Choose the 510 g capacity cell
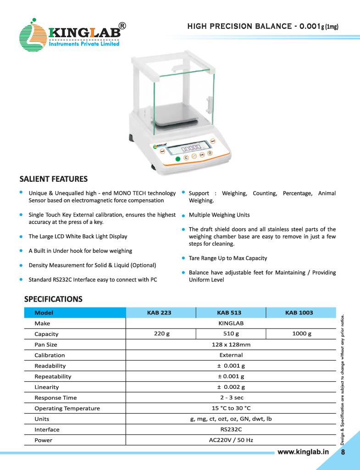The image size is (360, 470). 231,334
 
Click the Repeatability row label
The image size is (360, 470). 53,376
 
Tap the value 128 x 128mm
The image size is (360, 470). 231,344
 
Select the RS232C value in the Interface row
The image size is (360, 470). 231,430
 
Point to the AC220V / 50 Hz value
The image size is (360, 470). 231,440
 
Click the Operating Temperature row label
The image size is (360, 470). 67,408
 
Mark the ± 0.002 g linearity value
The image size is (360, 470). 231,387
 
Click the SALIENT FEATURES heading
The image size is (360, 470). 53,179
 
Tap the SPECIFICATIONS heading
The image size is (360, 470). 53,299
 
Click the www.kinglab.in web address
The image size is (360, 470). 303,452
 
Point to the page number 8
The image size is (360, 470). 343,452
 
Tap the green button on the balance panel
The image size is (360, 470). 178,158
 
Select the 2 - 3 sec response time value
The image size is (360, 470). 231,397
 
